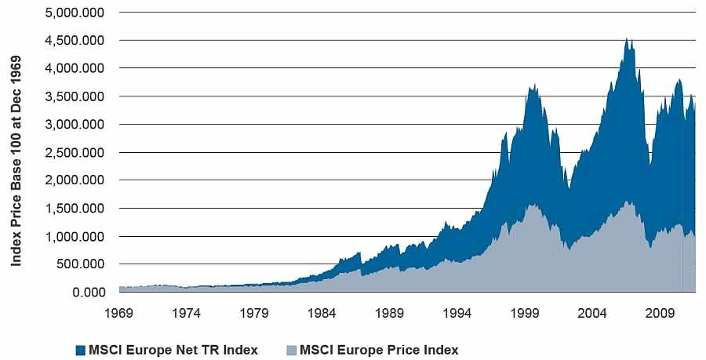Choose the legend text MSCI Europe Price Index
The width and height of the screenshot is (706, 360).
point(379,350)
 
